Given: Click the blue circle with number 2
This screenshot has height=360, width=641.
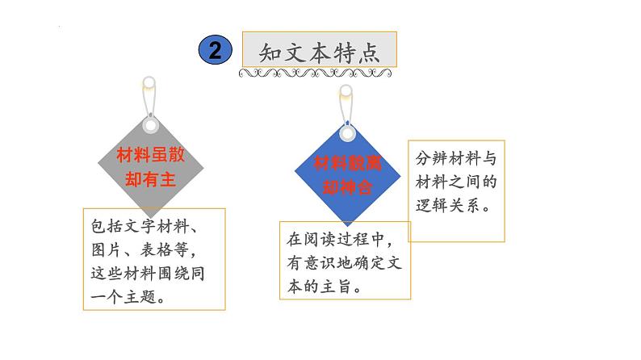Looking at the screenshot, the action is [216, 50].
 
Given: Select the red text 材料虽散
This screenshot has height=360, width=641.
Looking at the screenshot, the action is [151, 156].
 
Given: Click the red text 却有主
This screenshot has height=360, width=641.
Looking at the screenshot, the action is [151, 180].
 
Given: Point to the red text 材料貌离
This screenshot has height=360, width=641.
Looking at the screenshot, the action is [347, 163].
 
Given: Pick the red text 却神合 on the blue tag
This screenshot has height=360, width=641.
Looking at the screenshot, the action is [347, 187].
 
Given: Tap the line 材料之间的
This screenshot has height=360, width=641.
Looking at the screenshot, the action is [455, 182].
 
